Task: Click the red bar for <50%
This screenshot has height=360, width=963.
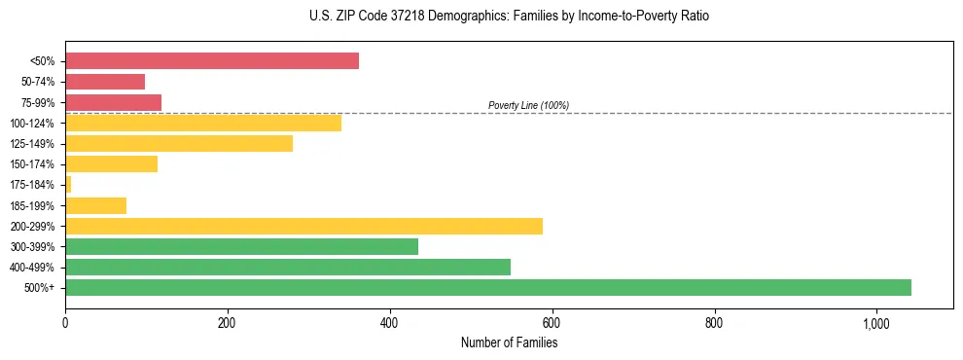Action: pos(211,61)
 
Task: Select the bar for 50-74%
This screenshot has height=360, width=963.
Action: pos(105,82)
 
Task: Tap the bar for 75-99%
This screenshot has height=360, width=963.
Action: pos(113,102)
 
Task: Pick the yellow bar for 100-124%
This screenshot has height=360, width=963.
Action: pos(203,123)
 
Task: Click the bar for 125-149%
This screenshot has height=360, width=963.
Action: pos(179,143)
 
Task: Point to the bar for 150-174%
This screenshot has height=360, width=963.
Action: pos(111,163)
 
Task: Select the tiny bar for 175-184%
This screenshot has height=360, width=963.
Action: pos(68,184)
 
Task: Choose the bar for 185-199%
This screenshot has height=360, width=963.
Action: pos(95,205)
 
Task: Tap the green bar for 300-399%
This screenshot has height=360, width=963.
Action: pos(241,246)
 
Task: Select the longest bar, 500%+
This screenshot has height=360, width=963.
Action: pos(488,287)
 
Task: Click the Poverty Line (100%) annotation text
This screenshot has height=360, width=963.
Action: pos(528,105)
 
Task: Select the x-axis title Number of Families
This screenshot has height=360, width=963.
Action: pos(509,342)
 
